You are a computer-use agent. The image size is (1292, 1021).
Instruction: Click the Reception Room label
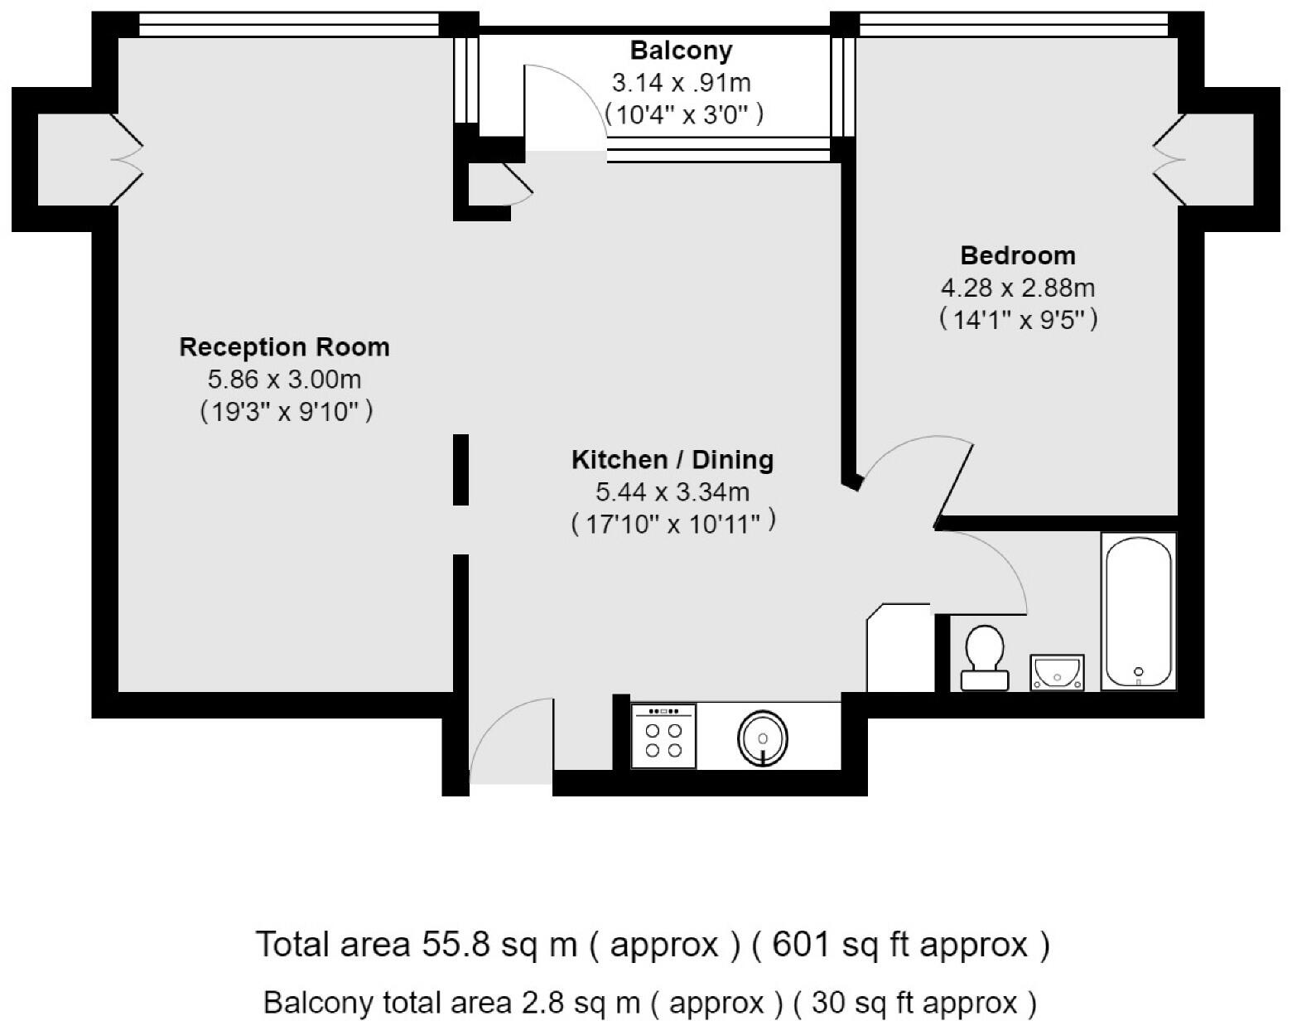coord(284,346)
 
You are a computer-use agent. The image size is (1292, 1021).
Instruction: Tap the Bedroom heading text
coord(1018,255)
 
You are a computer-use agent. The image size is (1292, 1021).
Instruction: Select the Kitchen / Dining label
coord(673,459)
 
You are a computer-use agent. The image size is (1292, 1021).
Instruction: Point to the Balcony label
coord(681,51)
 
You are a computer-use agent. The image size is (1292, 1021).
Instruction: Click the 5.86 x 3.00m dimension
coord(284,380)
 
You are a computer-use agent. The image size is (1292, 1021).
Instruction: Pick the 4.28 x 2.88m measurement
coord(1018,288)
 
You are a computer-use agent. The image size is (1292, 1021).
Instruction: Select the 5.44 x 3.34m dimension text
coord(673,492)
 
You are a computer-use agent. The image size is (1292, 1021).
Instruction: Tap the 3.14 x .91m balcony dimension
coord(681,83)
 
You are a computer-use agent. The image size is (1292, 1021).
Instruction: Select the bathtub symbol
coord(1139,611)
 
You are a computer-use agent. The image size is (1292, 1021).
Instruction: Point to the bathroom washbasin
coord(1056,672)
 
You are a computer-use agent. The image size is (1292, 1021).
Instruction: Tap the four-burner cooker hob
coord(663,736)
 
